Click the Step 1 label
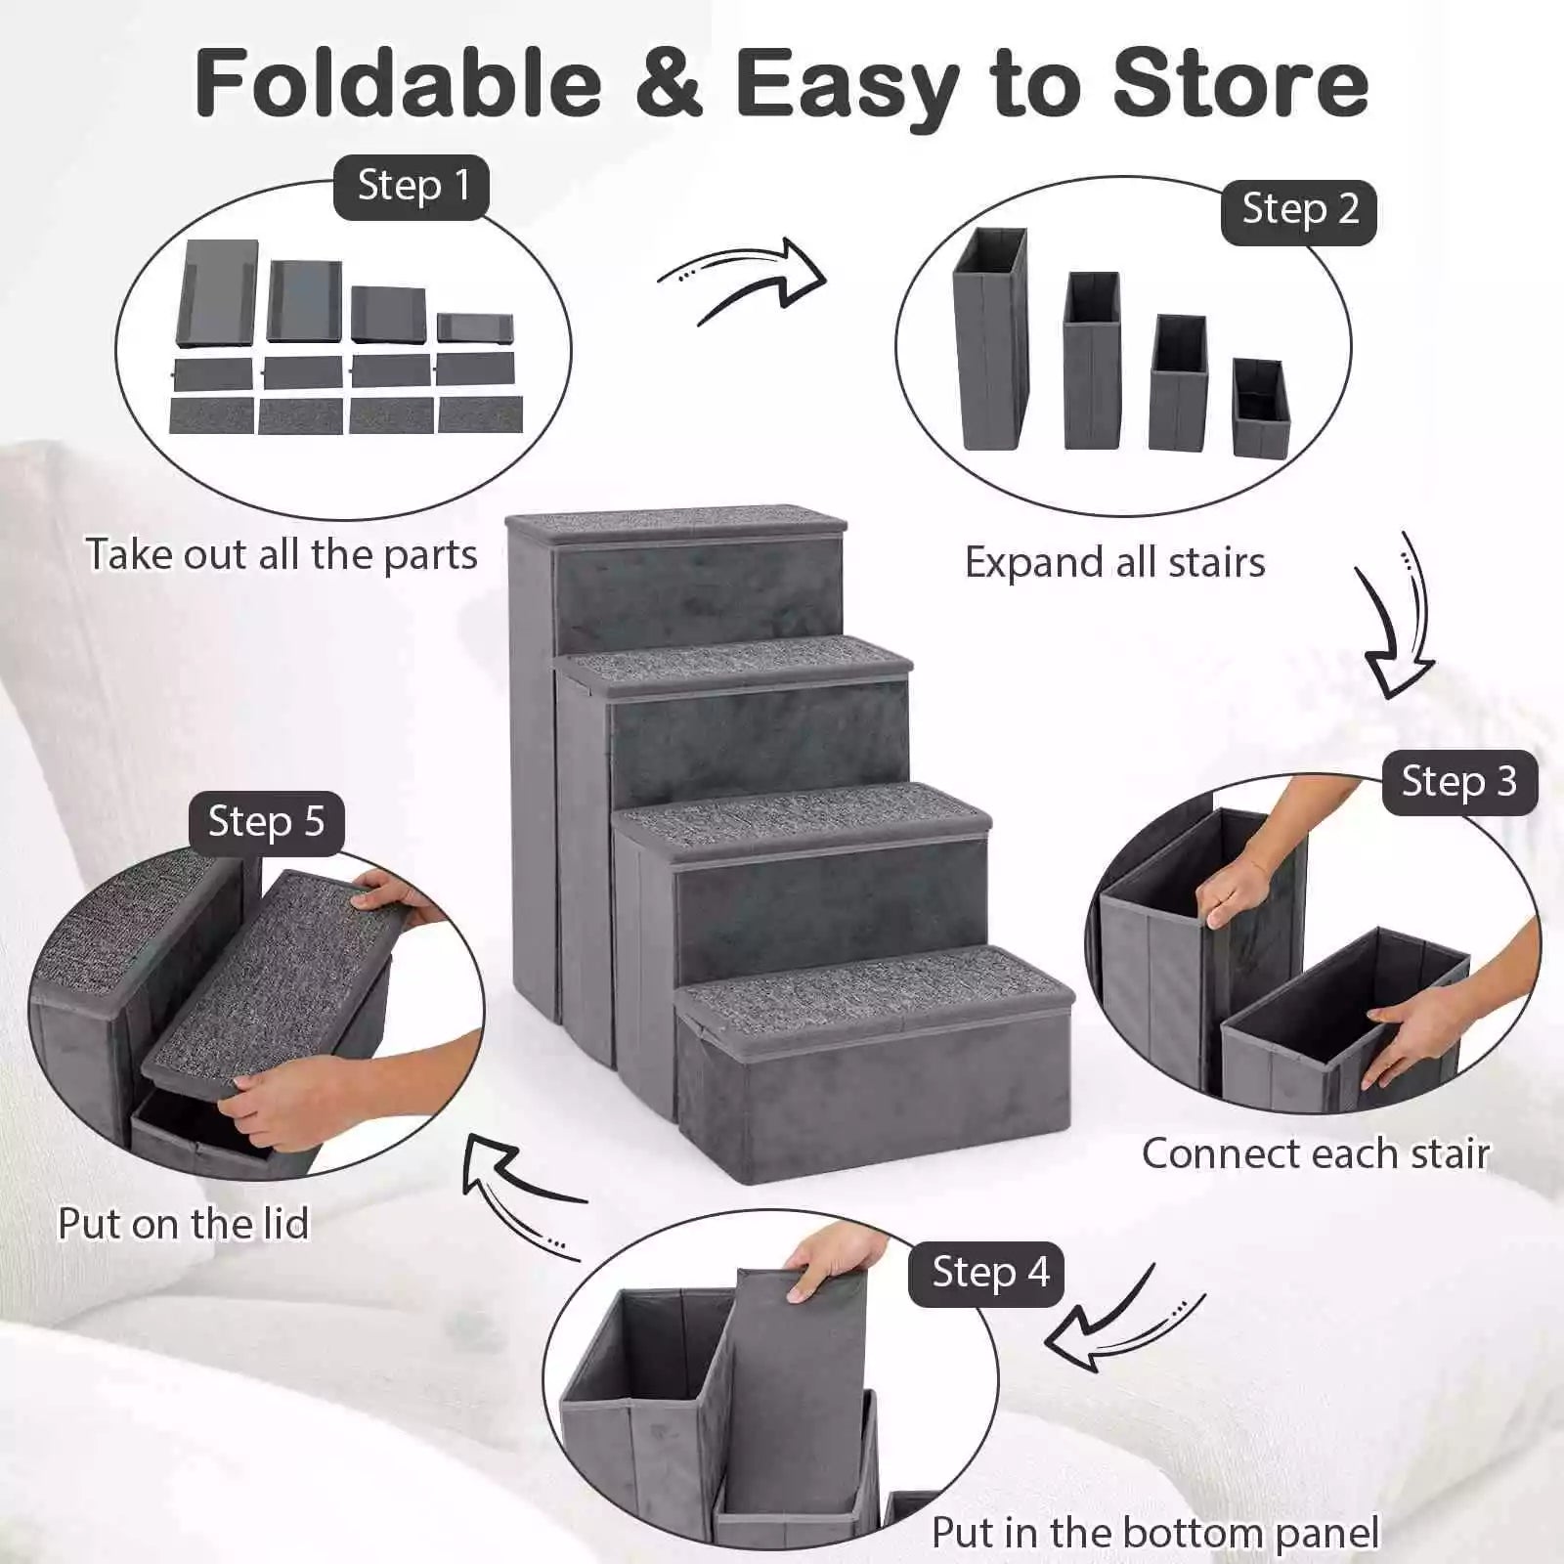pyautogui.click(x=412, y=186)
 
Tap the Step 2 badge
pyautogui.click(x=1299, y=210)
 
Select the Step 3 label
pyautogui.click(x=1458, y=782)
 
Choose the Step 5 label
pyautogui.click(x=266, y=822)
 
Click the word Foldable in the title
pyautogui.click(x=399, y=83)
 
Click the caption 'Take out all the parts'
pyautogui.click(x=282, y=554)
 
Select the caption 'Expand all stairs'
pyautogui.click(x=1114, y=562)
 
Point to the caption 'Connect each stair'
pyautogui.click(x=1316, y=1153)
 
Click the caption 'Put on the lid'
pyautogui.click(x=184, y=1223)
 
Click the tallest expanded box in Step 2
pyautogui.click(x=990, y=342)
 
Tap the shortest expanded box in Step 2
pyautogui.click(x=1260, y=408)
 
